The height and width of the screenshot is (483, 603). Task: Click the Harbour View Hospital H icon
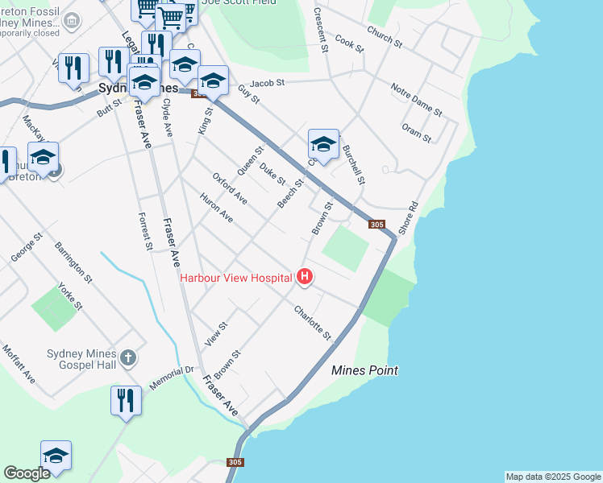[305, 277]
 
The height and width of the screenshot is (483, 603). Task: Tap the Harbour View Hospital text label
[236, 278]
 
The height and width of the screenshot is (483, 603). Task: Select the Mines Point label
[365, 370]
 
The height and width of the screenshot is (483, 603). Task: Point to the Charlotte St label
[313, 321]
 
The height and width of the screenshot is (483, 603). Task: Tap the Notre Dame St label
[416, 98]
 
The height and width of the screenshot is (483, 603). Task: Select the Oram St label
[416, 133]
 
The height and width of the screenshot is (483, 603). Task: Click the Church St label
[384, 35]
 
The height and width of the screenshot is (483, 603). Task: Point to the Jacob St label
[268, 83]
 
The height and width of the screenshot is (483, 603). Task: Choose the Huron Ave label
[216, 208]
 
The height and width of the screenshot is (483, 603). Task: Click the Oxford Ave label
[230, 188]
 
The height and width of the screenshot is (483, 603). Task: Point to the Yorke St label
[71, 295]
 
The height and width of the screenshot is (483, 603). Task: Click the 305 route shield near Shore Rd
[376, 225]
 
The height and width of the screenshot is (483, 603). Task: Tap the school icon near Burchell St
[323, 146]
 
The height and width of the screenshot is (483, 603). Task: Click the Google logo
[27, 473]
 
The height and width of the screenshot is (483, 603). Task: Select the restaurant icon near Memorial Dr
[126, 401]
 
